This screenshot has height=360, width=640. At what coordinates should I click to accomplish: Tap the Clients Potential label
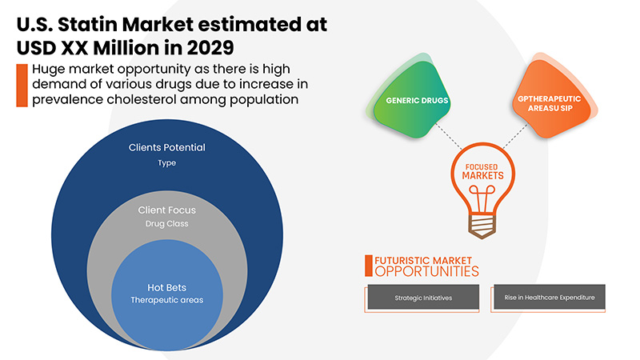click(x=167, y=147)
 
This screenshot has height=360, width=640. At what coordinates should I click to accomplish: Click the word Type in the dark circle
click(x=166, y=163)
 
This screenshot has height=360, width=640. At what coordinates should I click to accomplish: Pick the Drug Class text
click(x=167, y=223)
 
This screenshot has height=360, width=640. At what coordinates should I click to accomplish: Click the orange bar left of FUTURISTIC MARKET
click(x=367, y=266)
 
